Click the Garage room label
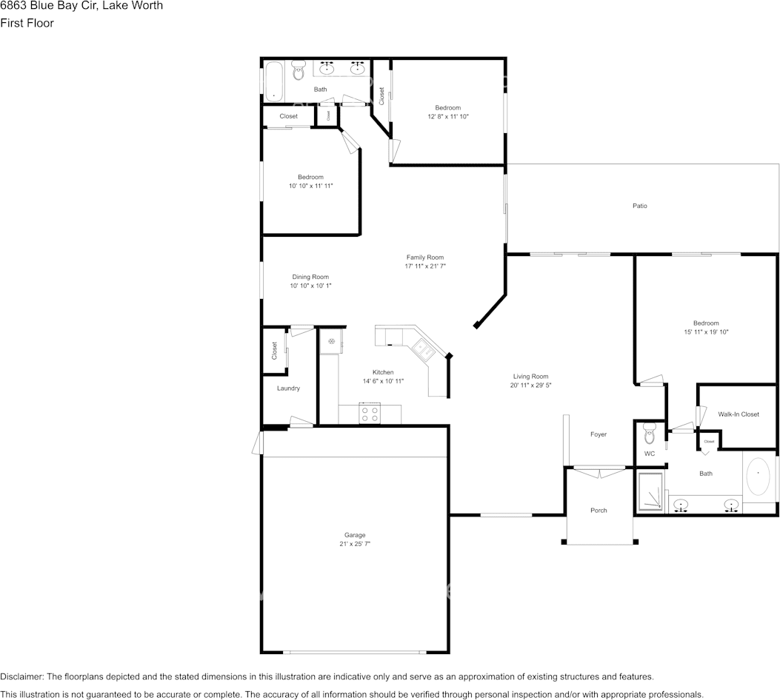tap(354, 535)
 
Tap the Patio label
tap(639, 206)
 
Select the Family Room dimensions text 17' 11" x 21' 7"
tap(425, 266)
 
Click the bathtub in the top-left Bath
tap(273, 81)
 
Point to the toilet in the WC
tap(650, 432)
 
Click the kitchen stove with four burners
tap(370, 414)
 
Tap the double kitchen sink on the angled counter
tap(424, 348)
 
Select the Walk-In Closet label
tap(739, 414)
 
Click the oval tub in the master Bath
tap(758, 478)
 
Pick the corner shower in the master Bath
tap(650, 492)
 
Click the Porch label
tap(599, 511)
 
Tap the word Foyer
tap(598, 434)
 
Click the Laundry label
tap(288, 388)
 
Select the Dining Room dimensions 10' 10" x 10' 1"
tap(310, 286)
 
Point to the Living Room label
tap(530, 376)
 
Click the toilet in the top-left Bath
tap(299, 71)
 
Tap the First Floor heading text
tap(27, 23)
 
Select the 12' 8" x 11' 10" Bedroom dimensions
tap(447, 117)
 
